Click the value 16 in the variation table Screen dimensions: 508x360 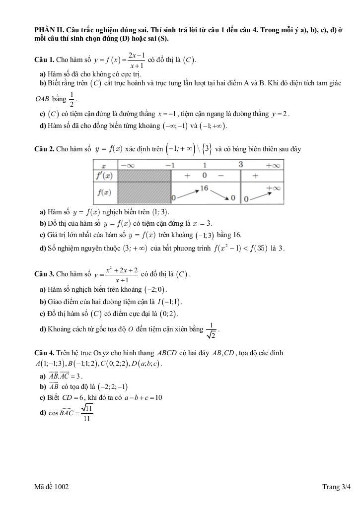(x=204, y=188)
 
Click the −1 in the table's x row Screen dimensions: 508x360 (x=170, y=165)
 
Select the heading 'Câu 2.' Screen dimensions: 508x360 (x=44, y=149)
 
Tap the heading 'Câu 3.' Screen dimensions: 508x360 (x=44, y=274)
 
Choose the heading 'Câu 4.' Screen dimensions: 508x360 (x=44, y=353)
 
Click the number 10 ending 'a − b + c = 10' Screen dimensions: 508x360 (x=158, y=397)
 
